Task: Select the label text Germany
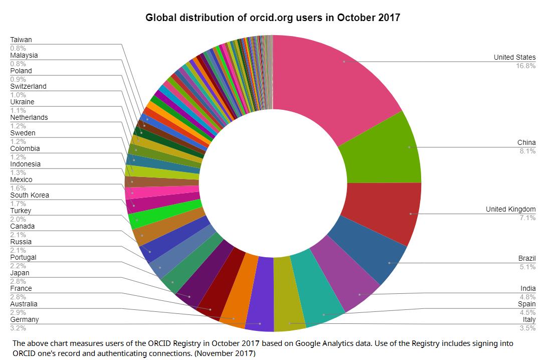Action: (x=25, y=319)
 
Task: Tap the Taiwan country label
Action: (x=21, y=40)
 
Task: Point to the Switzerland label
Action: (x=28, y=86)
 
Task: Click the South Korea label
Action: (x=30, y=195)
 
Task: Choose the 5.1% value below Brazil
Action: (x=527, y=267)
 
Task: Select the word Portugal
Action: (x=24, y=257)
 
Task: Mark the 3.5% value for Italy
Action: (x=527, y=328)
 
